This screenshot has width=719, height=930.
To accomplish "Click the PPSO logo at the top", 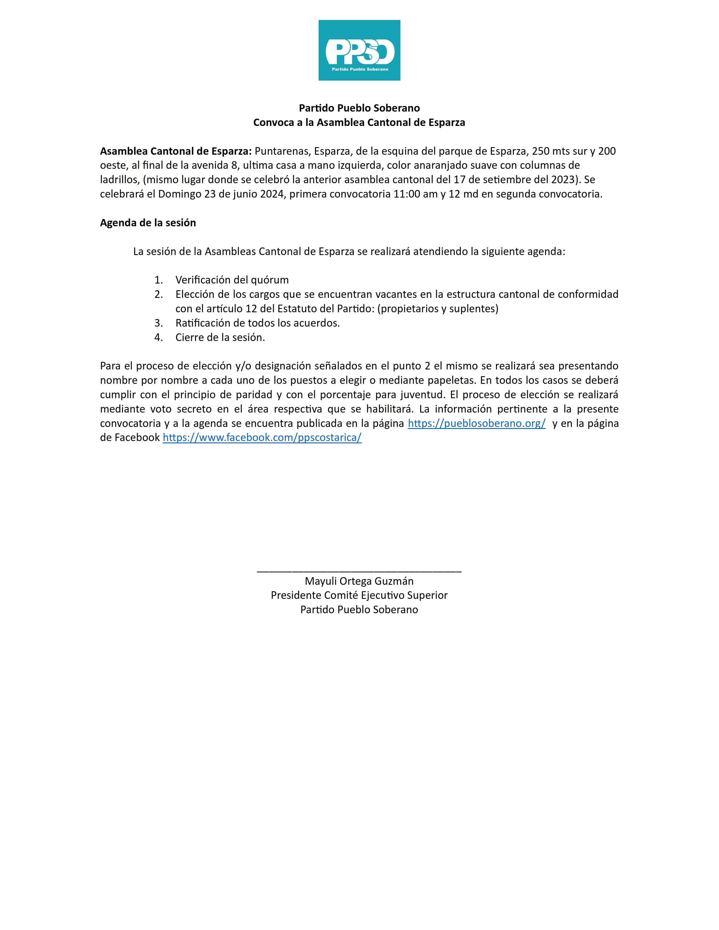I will (359, 50).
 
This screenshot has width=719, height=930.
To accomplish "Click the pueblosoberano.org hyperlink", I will (476, 423).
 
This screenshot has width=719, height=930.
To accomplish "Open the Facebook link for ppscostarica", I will (262, 438).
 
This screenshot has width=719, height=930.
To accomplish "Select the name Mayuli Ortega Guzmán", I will (359, 581).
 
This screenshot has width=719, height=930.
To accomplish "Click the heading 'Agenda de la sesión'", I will (148, 223).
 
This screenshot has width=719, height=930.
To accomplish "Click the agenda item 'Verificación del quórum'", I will (232, 280).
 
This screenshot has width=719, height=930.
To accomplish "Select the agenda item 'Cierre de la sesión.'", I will (220, 337).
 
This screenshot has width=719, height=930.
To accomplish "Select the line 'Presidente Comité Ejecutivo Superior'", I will (359, 595).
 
